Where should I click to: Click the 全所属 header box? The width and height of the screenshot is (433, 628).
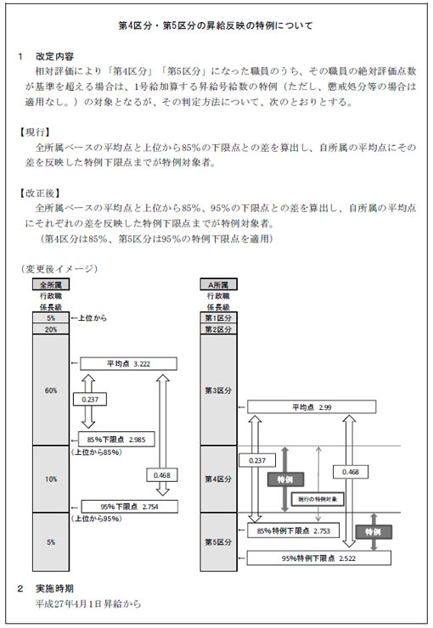tap(51, 285)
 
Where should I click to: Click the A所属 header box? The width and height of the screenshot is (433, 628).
tap(218, 285)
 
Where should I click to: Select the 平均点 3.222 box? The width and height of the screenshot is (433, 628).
tap(128, 364)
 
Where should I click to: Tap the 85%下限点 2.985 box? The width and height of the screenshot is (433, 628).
tap(116, 440)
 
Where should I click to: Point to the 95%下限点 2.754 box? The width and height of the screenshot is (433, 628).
tap(129, 507)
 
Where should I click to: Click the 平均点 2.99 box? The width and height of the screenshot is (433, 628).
tap(312, 407)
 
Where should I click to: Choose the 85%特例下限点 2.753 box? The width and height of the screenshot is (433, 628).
tap(294, 530)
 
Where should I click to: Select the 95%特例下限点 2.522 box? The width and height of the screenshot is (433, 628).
tap(319, 558)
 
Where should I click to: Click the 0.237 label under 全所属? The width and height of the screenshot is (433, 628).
tap(90, 400)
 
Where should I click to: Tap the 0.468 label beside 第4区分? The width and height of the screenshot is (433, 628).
tap(351, 472)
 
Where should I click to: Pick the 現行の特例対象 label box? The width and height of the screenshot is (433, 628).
tap(318, 499)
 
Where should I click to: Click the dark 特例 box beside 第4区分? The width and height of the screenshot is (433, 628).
tap(285, 479)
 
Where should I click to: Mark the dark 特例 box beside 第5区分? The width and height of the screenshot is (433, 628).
tap(374, 532)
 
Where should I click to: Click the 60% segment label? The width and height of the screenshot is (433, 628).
tap(51, 390)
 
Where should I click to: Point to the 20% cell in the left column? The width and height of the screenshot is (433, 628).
tap(51, 329)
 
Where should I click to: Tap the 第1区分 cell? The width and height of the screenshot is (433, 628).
tap(218, 318)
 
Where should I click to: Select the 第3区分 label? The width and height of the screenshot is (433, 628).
tap(218, 390)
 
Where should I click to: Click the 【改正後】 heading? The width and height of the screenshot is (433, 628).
tap(41, 193)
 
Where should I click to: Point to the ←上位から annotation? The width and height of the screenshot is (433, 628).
tap(89, 318)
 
